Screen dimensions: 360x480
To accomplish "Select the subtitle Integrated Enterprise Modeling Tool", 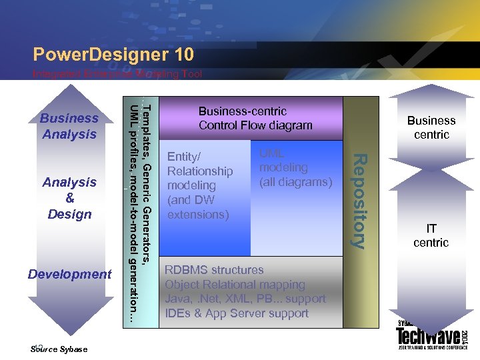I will point(117,75).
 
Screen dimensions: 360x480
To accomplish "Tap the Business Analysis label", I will point(69,126).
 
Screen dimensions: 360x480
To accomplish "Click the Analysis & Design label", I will point(70,198).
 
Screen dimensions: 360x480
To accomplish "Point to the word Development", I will point(70,274).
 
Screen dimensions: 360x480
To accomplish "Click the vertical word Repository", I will point(359,201).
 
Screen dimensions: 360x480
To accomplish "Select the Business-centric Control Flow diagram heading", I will point(255,118).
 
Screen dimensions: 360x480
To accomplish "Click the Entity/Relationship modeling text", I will point(200,185).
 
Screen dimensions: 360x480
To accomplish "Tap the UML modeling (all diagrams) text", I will point(295,168).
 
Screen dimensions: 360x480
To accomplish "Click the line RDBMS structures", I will point(214,270).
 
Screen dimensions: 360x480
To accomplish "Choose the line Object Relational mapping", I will point(235,285).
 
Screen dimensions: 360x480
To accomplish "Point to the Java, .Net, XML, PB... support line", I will point(245,299).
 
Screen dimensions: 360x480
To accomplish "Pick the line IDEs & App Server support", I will point(237,313).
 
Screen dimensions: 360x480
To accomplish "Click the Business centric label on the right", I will point(431,127).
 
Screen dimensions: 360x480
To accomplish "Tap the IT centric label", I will point(431,235).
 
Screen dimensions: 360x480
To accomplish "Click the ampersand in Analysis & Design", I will point(70,198).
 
